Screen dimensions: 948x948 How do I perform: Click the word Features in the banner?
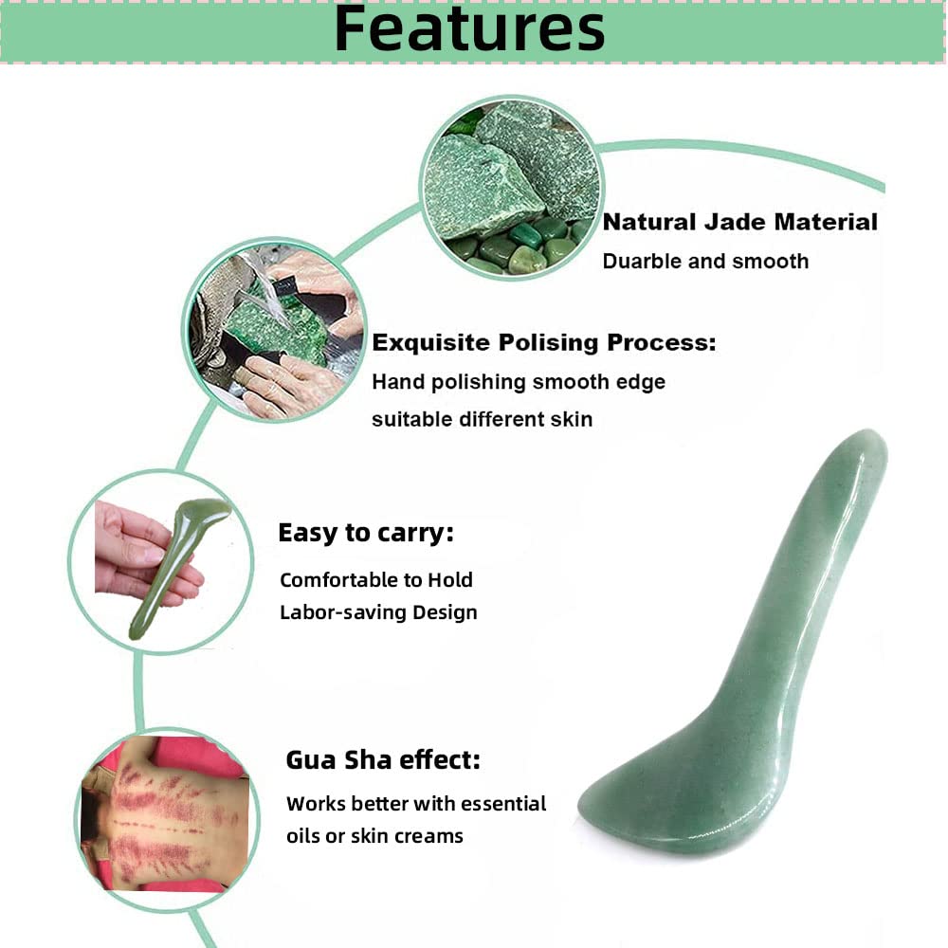tap(469, 30)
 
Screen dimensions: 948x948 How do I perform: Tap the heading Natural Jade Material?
tap(740, 223)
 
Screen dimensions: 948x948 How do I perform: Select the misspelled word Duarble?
tap(641, 261)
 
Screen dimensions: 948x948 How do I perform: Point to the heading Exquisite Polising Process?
tap(543, 343)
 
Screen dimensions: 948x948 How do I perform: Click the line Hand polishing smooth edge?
tap(519, 382)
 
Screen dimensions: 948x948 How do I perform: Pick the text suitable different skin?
tap(482, 419)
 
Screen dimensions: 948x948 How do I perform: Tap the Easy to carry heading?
tap(365, 534)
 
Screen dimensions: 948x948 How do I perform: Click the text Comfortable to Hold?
tap(376, 580)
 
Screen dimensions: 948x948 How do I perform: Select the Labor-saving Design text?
tap(378, 612)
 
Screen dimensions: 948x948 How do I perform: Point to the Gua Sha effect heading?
tap(383, 760)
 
